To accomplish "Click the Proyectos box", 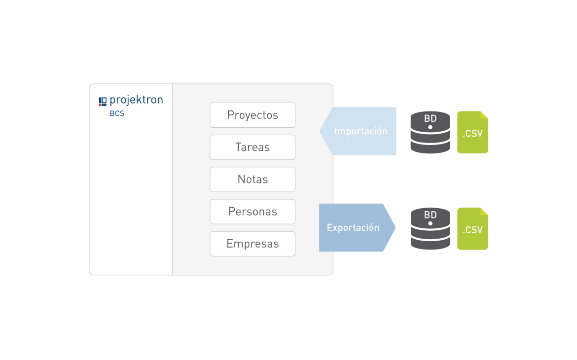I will click(x=252, y=115).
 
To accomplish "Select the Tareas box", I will click(x=252, y=147).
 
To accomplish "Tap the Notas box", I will click(x=252, y=180).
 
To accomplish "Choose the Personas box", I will click(x=252, y=212).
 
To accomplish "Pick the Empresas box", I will click(x=252, y=244).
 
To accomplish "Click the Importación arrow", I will click(x=360, y=131).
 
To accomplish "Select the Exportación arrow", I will click(x=355, y=228).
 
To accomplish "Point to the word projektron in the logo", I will click(x=136, y=100).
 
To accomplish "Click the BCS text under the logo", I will click(x=117, y=114).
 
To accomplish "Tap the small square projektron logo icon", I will click(x=103, y=101).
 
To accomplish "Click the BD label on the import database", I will click(x=430, y=119).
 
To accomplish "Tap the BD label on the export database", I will click(x=430, y=215).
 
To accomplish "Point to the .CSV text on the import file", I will click(x=472, y=133).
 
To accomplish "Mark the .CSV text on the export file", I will click(x=472, y=230).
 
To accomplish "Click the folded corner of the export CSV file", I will click(x=484, y=212).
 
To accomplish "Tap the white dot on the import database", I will click(x=430, y=127).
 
